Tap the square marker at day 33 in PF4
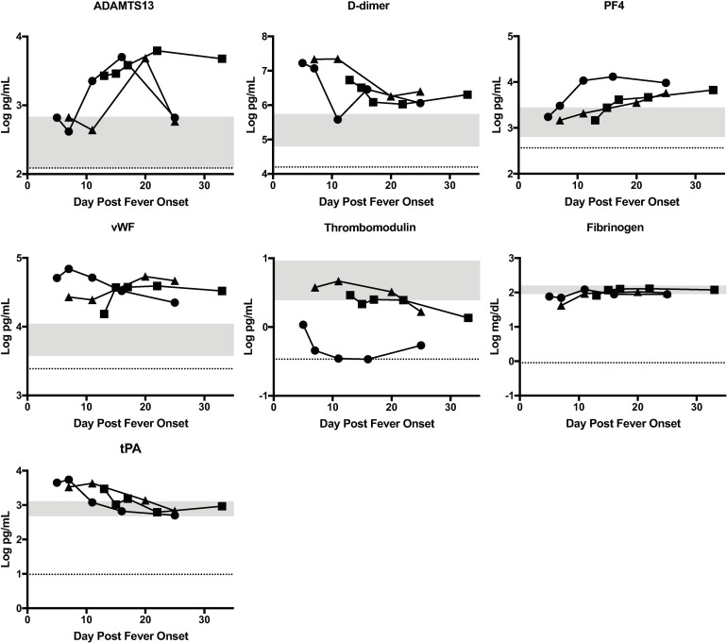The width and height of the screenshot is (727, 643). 713,90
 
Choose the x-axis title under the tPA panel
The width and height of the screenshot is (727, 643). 130,635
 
